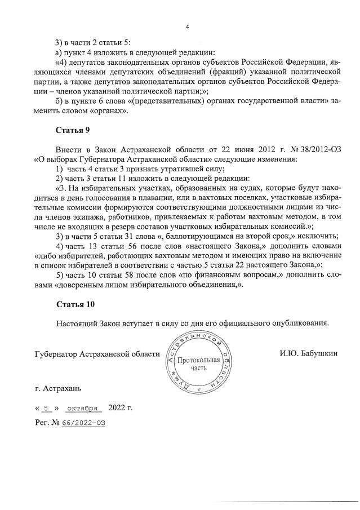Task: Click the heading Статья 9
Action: click(73, 131)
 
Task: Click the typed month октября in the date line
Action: click(82, 407)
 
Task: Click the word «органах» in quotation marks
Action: click(111, 111)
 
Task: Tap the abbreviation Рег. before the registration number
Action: click(42, 422)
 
